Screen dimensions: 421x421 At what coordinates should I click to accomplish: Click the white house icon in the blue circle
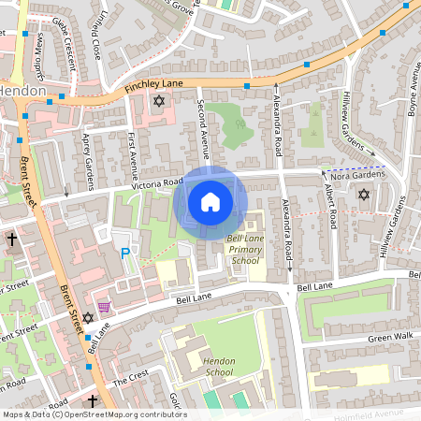pos(210,200)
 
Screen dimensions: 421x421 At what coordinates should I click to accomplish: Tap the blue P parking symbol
pos(124,254)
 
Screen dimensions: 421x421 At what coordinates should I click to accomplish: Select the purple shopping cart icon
pos(104,307)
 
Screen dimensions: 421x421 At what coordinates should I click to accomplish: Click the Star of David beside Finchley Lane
pos(158,99)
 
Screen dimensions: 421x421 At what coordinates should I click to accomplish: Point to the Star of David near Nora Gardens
pos(364,194)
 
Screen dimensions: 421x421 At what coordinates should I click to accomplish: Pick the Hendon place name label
pos(18,92)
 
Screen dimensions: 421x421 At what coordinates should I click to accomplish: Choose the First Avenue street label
pos(132,155)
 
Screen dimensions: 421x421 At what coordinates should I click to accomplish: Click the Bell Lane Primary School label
pos(247,251)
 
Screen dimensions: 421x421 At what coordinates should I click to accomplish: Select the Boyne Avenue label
pos(411,94)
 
